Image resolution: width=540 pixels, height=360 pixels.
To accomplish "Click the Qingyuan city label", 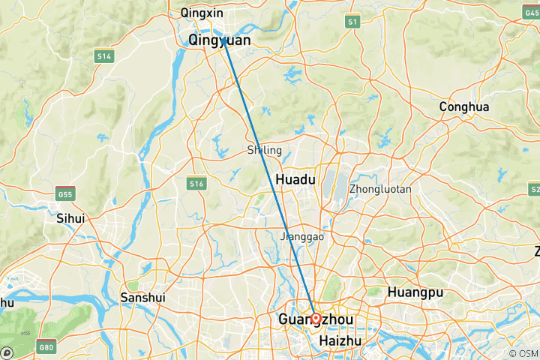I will click(219, 40).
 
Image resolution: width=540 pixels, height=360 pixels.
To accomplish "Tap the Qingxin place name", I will click(203, 13).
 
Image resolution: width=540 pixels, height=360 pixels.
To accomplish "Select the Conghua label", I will click(464, 107).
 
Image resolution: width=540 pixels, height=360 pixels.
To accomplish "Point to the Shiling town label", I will click(264, 151).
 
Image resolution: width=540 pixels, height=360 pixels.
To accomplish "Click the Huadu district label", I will click(295, 180).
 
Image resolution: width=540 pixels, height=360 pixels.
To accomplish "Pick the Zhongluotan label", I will click(380, 190).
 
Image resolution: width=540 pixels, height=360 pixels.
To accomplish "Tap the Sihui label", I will click(70, 218).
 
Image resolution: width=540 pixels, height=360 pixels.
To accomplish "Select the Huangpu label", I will click(414, 292).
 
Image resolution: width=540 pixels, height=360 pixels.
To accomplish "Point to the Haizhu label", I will click(340, 341).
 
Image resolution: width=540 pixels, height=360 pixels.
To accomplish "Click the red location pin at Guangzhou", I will click(316, 319).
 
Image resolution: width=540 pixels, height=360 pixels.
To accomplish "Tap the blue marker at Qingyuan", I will click(223, 42).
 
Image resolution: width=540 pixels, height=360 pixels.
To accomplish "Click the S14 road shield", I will click(103, 55).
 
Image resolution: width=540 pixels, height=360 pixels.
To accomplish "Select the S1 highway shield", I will click(352, 23).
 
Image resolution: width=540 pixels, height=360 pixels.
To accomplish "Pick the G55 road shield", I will click(66, 193).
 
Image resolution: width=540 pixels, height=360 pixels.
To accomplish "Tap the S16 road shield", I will click(196, 183).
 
